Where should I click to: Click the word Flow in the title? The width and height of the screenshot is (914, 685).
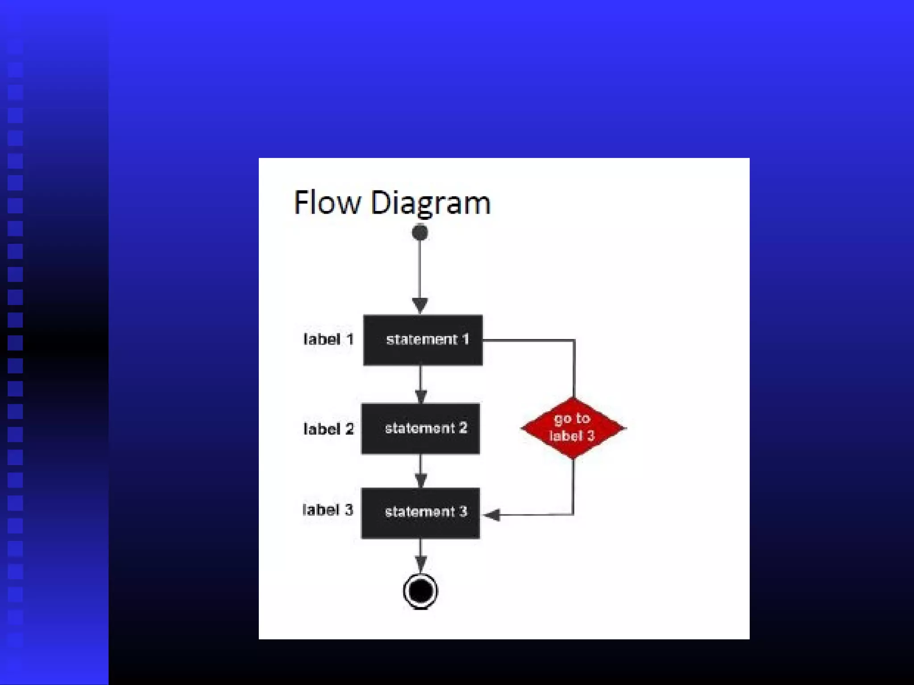pos(327,202)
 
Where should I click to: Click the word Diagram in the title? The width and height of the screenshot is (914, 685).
pos(430,203)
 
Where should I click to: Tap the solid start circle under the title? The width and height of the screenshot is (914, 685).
pos(420,232)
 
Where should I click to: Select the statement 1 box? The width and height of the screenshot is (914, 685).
pos(423,340)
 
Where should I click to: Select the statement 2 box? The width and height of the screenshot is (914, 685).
pos(420,429)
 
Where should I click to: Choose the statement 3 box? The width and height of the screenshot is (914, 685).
pos(420,513)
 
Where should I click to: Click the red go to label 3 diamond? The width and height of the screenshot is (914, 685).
pos(573,428)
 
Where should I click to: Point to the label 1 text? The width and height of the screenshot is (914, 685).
pos(328,339)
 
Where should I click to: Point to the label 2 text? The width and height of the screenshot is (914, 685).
pos(328,429)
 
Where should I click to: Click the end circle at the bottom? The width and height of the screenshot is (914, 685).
pos(420,591)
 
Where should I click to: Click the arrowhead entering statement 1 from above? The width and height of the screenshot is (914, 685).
pos(420,305)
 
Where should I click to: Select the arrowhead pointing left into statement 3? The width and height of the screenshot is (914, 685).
pos(492,515)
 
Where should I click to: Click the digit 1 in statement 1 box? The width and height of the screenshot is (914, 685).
pos(465,339)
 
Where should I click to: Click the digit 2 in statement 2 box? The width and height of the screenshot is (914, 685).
pos(463,428)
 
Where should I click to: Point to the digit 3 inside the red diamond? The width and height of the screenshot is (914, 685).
pos(590,436)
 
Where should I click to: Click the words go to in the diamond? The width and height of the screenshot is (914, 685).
pos(572,419)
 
